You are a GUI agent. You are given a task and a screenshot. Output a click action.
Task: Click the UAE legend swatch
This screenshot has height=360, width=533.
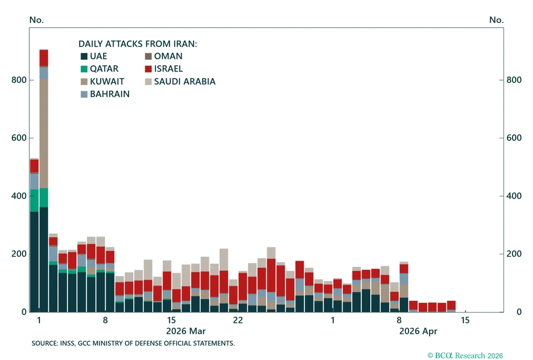(84, 56)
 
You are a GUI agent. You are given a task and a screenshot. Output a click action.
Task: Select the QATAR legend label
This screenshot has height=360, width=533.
(104, 69)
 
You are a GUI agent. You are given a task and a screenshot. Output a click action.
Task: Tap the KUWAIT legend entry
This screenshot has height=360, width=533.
(107, 81)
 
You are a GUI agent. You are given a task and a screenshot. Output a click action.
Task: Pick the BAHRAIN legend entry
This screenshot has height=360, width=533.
(109, 94)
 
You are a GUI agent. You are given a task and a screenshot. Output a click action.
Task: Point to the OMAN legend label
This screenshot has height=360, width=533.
(168, 56)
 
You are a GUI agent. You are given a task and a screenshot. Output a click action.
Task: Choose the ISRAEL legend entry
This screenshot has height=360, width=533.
(168, 69)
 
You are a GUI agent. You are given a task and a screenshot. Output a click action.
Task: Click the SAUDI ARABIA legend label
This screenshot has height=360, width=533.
(185, 81)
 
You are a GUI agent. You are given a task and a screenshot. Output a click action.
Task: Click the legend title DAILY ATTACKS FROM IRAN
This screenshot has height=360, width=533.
(138, 44)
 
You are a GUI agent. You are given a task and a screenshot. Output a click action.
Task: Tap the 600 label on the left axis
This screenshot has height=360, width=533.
(19, 138)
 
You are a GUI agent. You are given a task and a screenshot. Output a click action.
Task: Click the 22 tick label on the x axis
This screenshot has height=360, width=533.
(238, 320)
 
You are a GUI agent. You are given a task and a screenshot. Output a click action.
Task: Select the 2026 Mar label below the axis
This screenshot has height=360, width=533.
(186, 331)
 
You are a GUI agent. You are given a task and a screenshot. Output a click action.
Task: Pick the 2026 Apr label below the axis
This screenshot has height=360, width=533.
(418, 331)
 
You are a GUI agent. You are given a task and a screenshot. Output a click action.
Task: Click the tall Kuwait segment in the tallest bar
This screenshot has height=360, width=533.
(44, 133)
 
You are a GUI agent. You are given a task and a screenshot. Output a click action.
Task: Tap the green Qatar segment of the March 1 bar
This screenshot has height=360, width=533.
(34, 200)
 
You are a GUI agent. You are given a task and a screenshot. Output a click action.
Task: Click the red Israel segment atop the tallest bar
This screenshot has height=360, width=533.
(44, 58)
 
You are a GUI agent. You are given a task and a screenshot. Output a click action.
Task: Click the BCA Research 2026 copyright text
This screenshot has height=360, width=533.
(465, 356)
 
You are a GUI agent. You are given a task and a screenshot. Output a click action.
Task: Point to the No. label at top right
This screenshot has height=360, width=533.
(496, 20)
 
